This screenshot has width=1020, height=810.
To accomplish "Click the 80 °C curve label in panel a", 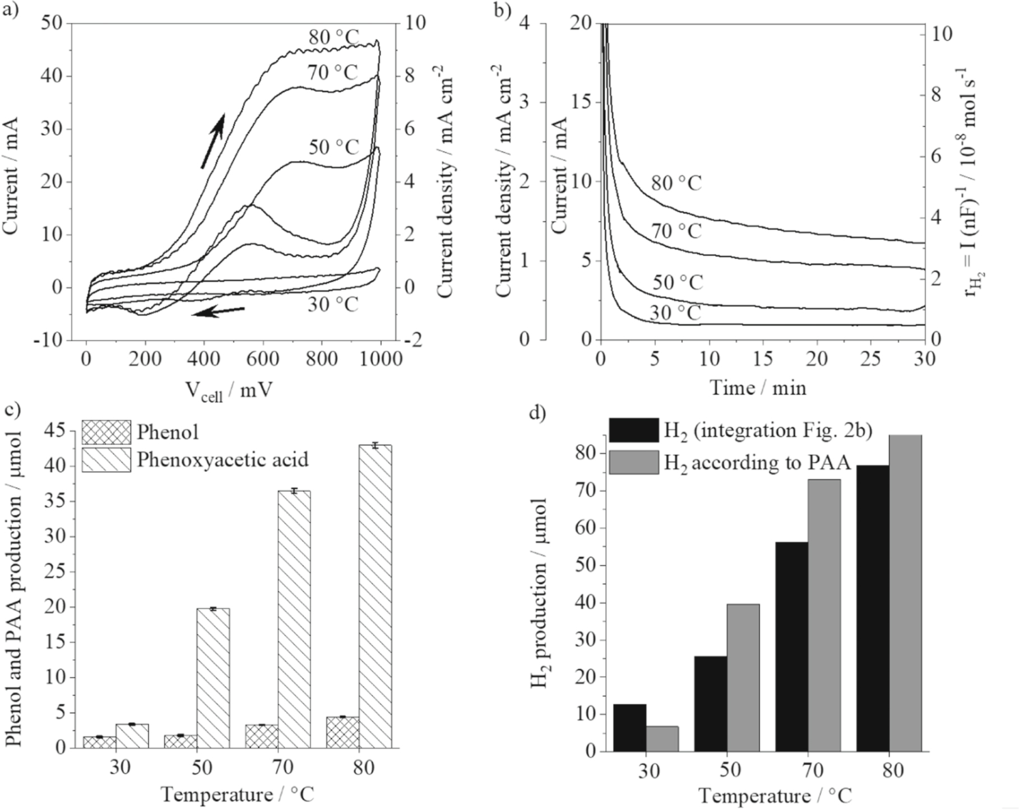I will pyautogui.click(x=333, y=38).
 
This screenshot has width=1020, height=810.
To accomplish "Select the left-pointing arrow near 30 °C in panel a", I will pyautogui.click(x=218, y=311).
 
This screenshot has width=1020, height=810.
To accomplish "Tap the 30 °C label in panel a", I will pyautogui.click(x=333, y=304).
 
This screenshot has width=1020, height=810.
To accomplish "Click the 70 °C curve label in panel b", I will pyautogui.click(x=676, y=231).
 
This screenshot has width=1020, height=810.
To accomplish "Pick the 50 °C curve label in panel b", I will pyautogui.click(x=677, y=282).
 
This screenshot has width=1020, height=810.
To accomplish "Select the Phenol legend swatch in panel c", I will pyautogui.click(x=106, y=432).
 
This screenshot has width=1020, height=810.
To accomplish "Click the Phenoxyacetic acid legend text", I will pyautogui.click(x=222, y=460).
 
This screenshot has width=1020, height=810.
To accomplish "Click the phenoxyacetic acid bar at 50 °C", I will pyautogui.click(x=214, y=678).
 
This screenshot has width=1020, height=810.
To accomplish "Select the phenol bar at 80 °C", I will pyautogui.click(x=342, y=732).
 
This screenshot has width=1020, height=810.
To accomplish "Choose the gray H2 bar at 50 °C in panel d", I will pyautogui.click(x=743, y=677).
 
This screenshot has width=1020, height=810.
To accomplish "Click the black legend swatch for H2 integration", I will pyautogui.click(x=634, y=430).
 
